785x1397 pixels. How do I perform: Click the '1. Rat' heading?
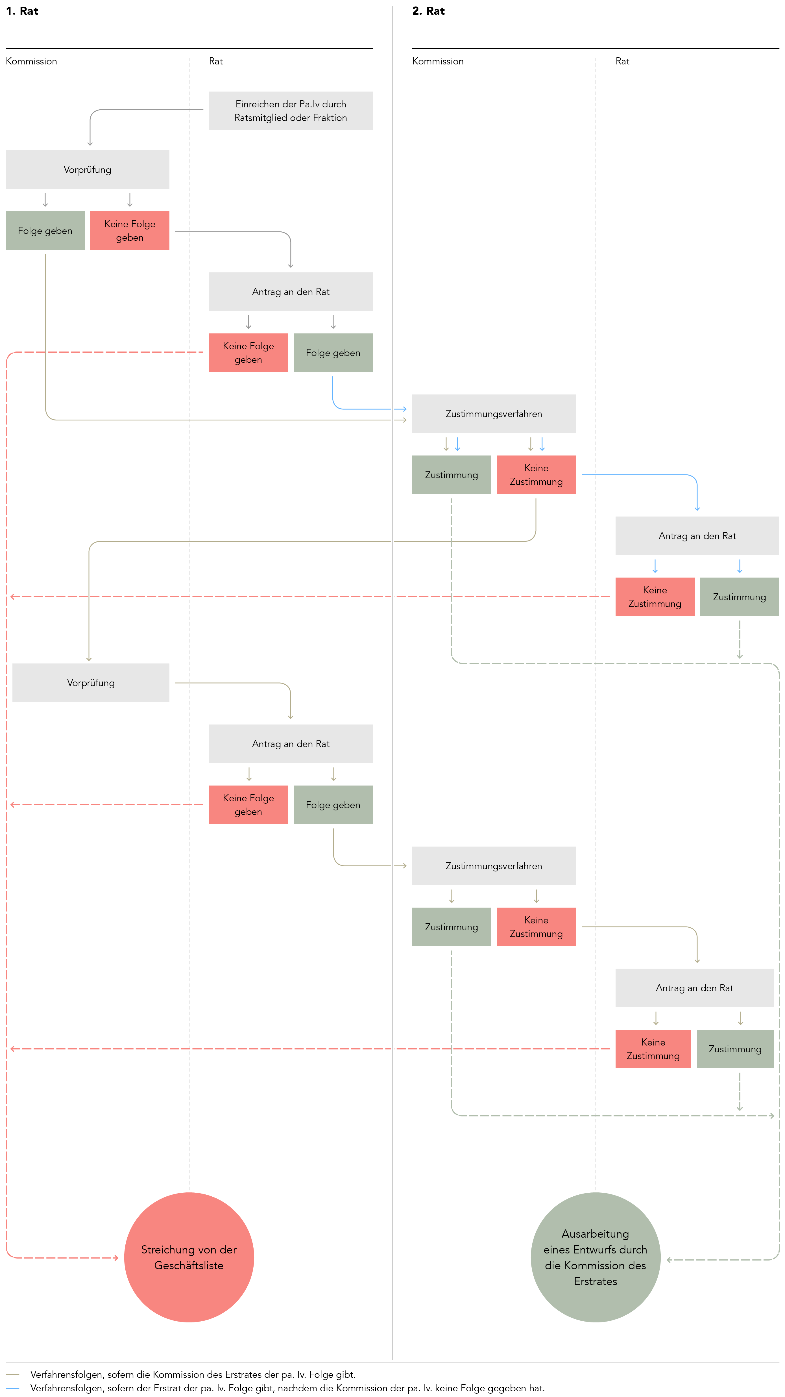pos(22,11)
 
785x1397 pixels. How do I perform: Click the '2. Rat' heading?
pos(428,11)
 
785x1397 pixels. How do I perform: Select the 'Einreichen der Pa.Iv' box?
pos(291,111)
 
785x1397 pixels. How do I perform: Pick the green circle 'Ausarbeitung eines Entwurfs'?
pos(595,1257)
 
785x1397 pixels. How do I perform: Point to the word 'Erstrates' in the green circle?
pos(595,1281)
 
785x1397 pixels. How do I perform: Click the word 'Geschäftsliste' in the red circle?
pos(189,1265)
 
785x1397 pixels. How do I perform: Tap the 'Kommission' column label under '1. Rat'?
pos(31,61)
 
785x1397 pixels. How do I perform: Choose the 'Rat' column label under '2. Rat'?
pos(622,61)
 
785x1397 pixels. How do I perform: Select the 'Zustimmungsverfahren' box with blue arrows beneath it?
pos(494,414)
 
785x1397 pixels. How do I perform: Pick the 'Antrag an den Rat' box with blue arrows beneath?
pos(697,536)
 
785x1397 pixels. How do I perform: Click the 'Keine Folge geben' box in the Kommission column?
pos(130,231)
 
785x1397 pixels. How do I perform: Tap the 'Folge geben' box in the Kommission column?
pos(45,231)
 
